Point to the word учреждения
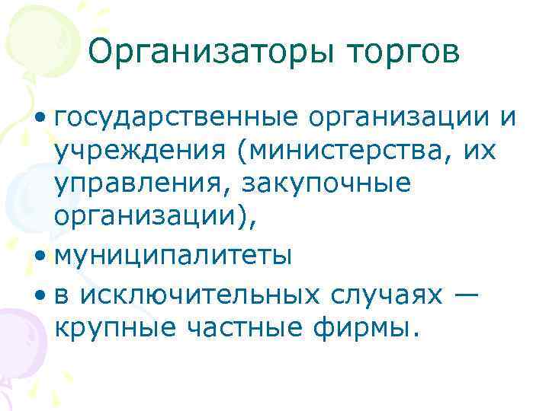pos(133,151)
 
